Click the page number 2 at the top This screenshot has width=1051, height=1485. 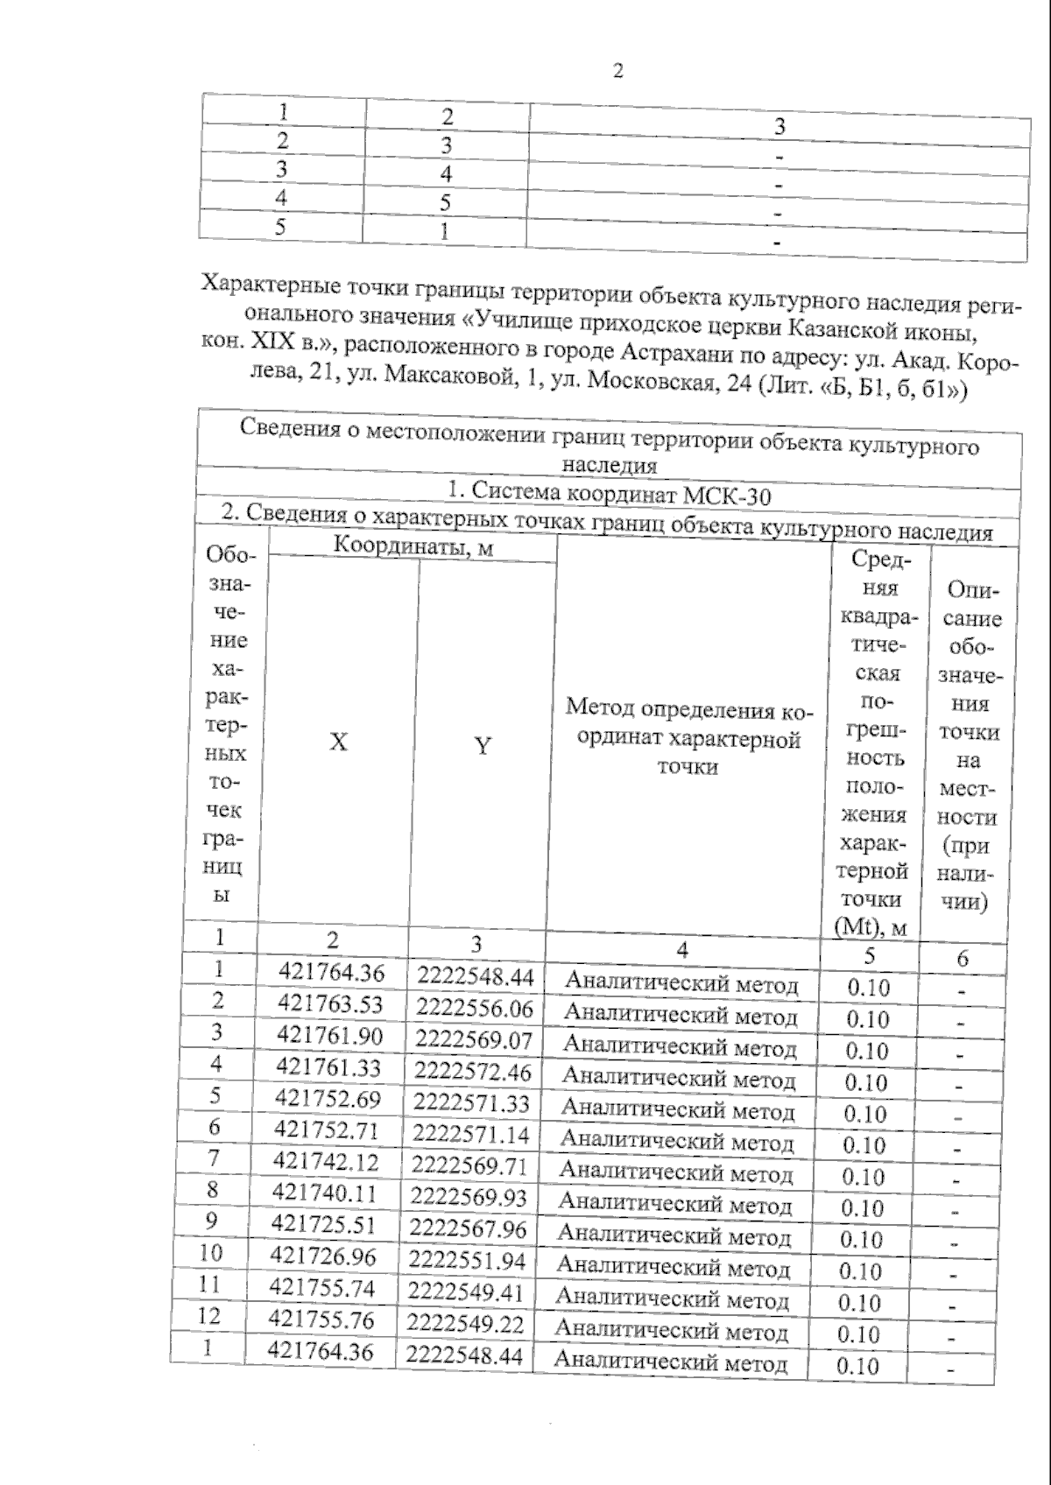(x=618, y=72)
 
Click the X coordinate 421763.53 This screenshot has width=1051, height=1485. (x=330, y=1003)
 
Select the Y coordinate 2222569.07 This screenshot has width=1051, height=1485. (x=474, y=1039)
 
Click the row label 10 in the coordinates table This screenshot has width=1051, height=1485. (x=211, y=1253)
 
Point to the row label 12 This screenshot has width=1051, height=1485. (x=208, y=1316)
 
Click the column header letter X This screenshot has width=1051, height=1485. (x=338, y=742)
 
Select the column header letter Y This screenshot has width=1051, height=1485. (x=483, y=746)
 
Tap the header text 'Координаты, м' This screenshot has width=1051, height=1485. (x=412, y=547)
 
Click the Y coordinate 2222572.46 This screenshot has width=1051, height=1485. (x=473, y=1071)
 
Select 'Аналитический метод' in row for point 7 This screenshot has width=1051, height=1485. (x=675, y=1172)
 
